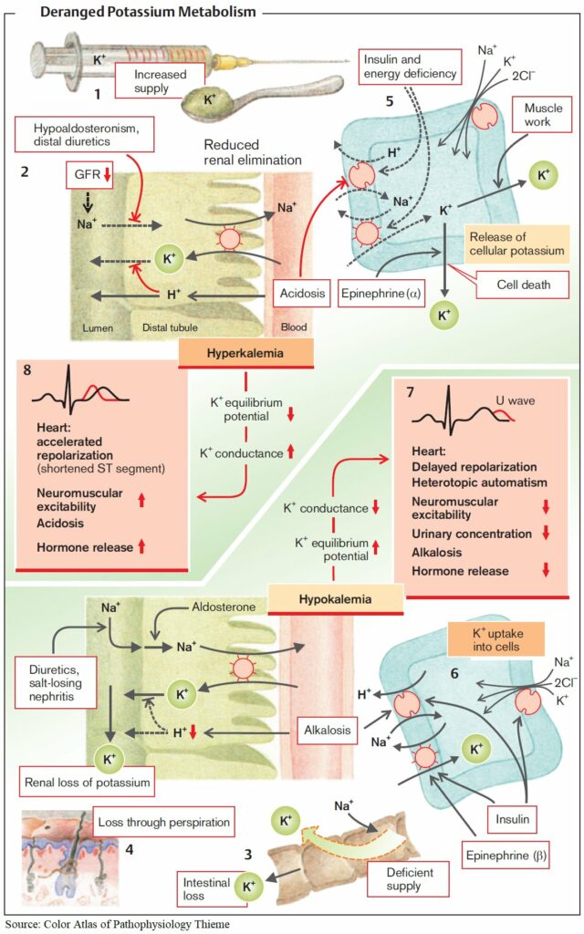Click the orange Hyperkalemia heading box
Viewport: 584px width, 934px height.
click(246, 353)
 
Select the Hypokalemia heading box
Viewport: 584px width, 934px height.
click(336, 599)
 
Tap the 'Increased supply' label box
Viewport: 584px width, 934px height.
click(160, 81)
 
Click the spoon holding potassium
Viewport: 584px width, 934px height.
click(262, 94)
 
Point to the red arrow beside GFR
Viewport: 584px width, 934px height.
click(108, 174)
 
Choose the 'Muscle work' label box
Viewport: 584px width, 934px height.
click(543, 115)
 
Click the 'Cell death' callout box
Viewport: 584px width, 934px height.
click(523, 285)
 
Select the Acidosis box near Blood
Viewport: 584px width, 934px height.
click(303, 294)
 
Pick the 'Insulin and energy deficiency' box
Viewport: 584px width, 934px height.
click(410, 67)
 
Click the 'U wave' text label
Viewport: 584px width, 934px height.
click(516, 401)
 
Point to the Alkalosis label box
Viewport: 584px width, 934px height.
click(328, 731)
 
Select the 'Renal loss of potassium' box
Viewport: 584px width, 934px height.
click(87, 782)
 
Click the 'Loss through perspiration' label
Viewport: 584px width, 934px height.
click(164, 823)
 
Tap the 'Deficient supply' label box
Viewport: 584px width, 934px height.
click(410, 879)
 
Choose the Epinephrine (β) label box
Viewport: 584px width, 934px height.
click(506, 856)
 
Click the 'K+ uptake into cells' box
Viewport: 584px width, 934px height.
click(495, 639)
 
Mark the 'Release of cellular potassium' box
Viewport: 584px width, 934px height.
click(516, 244)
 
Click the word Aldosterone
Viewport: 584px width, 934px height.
click(224, 607)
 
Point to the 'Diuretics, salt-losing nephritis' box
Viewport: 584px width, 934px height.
click(56, 683)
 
